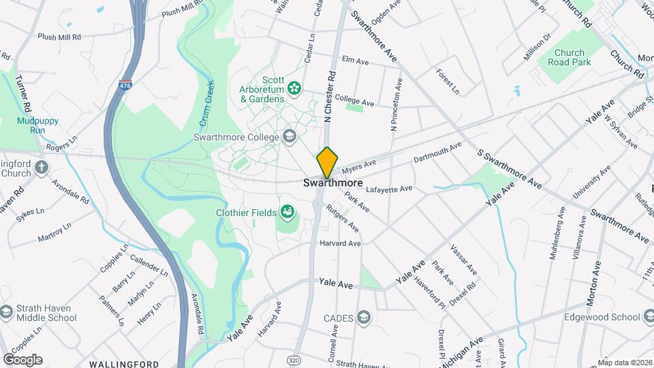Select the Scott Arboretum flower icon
click(x=294, y=87)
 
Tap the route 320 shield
click(x=294, y=359)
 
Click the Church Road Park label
click(x=569, y=57)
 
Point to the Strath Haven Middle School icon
click(x=7, y=312)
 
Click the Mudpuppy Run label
click(x=31, y=125)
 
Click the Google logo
click(x=22, y=359)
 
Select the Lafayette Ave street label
click(x=389, y=189)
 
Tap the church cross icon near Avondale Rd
click(x=41, y=167)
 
